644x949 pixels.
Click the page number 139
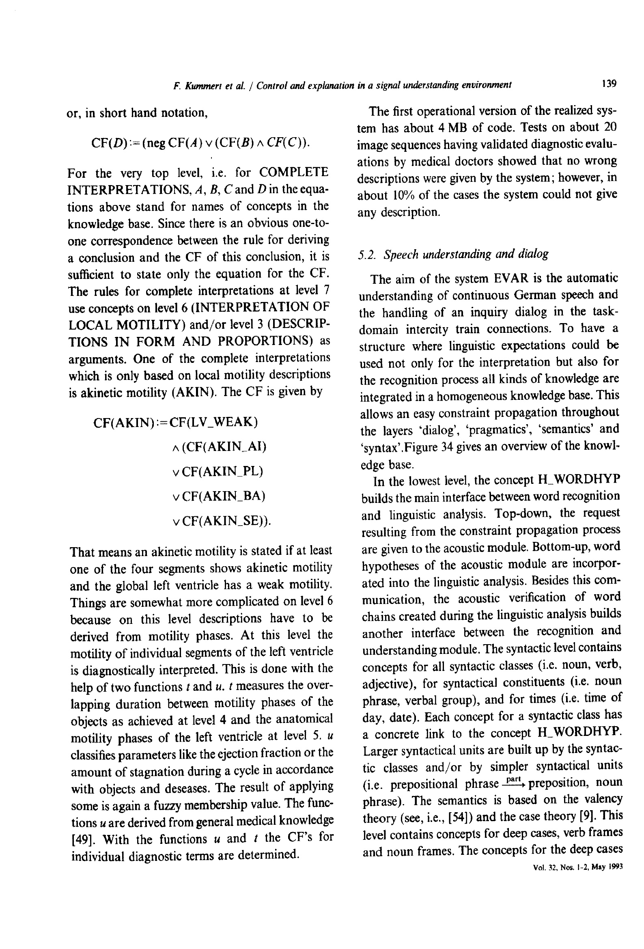[608, 84]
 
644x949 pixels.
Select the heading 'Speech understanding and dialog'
[453, 254]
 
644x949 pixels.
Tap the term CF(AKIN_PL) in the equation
[222, 472]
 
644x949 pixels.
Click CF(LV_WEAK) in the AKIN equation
[213, 421]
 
